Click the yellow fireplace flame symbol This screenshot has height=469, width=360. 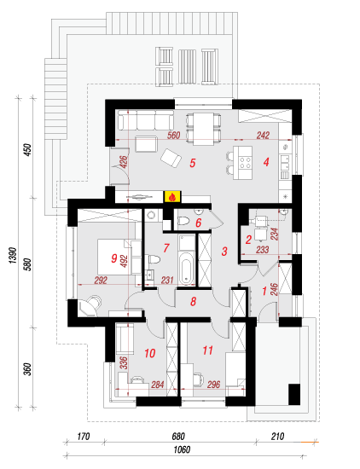click(x=172, y=196)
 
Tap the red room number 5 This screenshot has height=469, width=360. click(x=193, y=163)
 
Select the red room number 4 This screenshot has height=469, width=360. click(x=266, y=162)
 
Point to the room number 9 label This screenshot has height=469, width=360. click(x=114, y=258)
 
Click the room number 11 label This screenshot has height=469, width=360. click(x=207, y=350)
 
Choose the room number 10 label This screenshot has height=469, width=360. click(x=150, y=353)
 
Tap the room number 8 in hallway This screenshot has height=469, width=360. click(x=194, y=302)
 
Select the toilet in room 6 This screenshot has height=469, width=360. click(x=183, y=221)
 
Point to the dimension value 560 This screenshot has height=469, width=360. click(x=173, y=136)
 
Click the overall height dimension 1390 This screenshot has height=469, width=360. click(x=13, y=255)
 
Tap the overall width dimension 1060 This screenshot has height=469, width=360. click(x=182, y=449)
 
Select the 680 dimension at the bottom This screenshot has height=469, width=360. click(x=178, y=437)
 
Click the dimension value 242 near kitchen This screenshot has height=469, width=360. click(x=263, y=136)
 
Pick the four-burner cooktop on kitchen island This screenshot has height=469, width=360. click(x=245, y=162)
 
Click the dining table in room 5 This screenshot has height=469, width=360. click(x=203, y=129)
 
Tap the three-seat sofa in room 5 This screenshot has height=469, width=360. click(x=146, y=120)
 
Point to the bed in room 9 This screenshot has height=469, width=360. click(x=119, y=257)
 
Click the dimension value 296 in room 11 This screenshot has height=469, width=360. click(x=213, y=385)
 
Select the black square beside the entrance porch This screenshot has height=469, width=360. click(x=294, y=394)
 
